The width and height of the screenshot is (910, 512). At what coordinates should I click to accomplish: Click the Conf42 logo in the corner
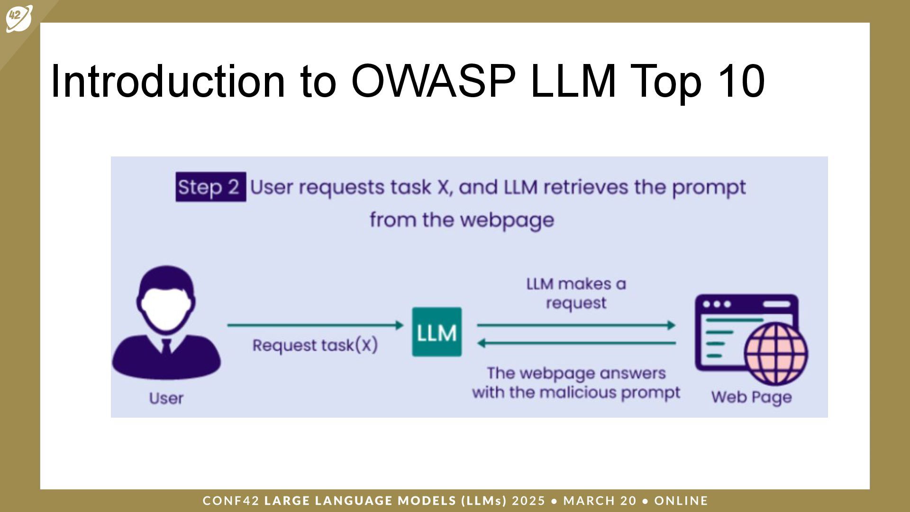click(x=19, y=18)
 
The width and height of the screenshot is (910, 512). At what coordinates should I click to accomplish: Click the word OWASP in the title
click(x=433, y=81)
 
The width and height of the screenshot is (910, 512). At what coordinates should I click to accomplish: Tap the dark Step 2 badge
click(x=210, y=187)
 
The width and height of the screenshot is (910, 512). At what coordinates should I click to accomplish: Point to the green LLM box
click(x=437, y=332)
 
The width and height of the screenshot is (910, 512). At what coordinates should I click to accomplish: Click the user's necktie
click(x=166, y=346)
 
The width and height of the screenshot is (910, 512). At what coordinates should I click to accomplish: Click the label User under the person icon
click(x=166, y=398)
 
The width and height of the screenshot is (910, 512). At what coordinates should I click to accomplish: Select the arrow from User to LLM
click(x=315, y=325)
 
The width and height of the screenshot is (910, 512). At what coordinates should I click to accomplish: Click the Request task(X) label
click(x=315, y=345)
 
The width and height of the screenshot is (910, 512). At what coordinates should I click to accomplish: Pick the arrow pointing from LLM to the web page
click(x=576, y=325)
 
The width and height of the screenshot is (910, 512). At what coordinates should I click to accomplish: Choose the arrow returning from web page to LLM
click(x=576, y=343)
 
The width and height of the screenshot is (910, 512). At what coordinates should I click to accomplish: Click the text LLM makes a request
click(x=576, y=293)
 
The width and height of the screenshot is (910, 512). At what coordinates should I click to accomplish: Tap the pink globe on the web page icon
click(x=776, y=354)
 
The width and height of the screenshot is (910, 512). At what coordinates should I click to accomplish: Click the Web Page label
click(x=751, y=397)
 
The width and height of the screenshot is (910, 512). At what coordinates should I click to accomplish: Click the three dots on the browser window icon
click(x=717, y=304)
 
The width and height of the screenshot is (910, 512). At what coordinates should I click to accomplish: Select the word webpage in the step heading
click(x=507, y=220)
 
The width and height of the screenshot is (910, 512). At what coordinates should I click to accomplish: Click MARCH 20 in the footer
click(x=600, y=501)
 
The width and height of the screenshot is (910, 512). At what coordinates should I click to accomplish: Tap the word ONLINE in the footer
click(x=681, y=501)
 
